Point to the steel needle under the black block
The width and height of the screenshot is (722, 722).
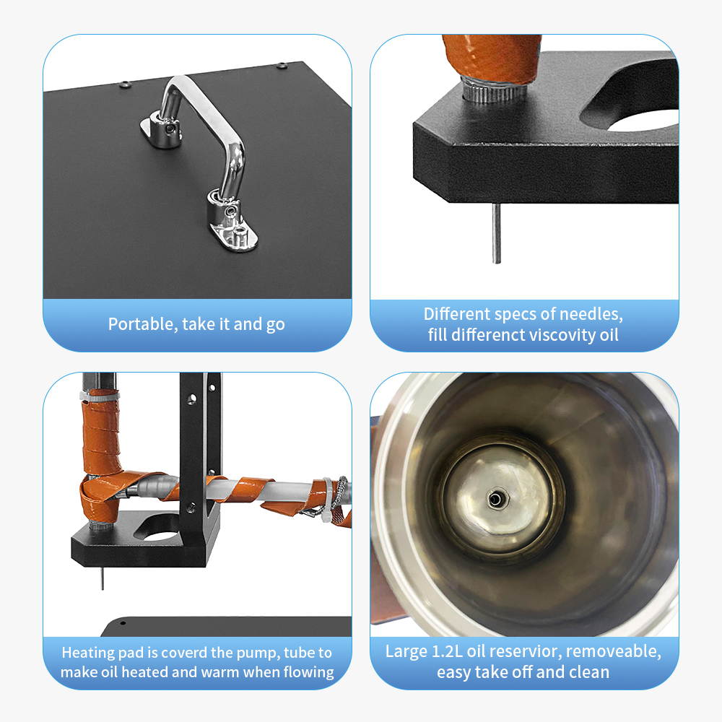click(x=496, y=233)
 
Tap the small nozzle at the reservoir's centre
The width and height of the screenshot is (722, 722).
click(x=495, y=498)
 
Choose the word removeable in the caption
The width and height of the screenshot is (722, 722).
click(x=613, y=651)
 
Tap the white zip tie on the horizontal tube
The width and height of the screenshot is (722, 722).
click(x=327, y=500)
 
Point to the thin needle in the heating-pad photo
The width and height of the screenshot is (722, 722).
click(x=103, y=578)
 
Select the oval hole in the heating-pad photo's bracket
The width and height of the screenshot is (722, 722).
click(x=157, y=529)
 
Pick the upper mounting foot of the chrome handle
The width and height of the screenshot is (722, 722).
click(x=162, y=129)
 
